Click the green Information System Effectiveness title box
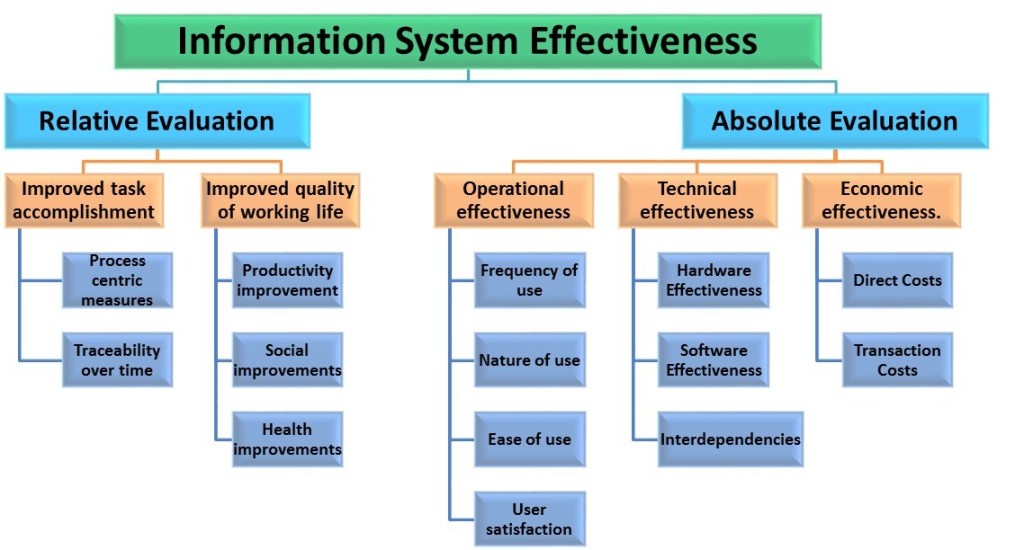(467, 41)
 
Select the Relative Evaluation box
(156, 121)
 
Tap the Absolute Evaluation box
(834, 121)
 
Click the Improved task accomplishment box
(84, 200)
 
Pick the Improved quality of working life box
(280, 200)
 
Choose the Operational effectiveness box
(513, 200)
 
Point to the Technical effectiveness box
(697, 200)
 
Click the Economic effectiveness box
(880, 200)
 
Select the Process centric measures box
(117, 280)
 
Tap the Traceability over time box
(117, 360)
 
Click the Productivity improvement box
(288, 280)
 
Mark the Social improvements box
(288, 360)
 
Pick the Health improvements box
(288, 440)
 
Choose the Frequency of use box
(530, 280)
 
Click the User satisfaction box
(530, 519)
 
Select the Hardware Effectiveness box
(714, 280)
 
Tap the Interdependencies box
(730, 439)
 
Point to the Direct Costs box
(897, 280)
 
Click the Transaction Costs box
(897, 360)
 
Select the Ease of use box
(530, 439)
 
